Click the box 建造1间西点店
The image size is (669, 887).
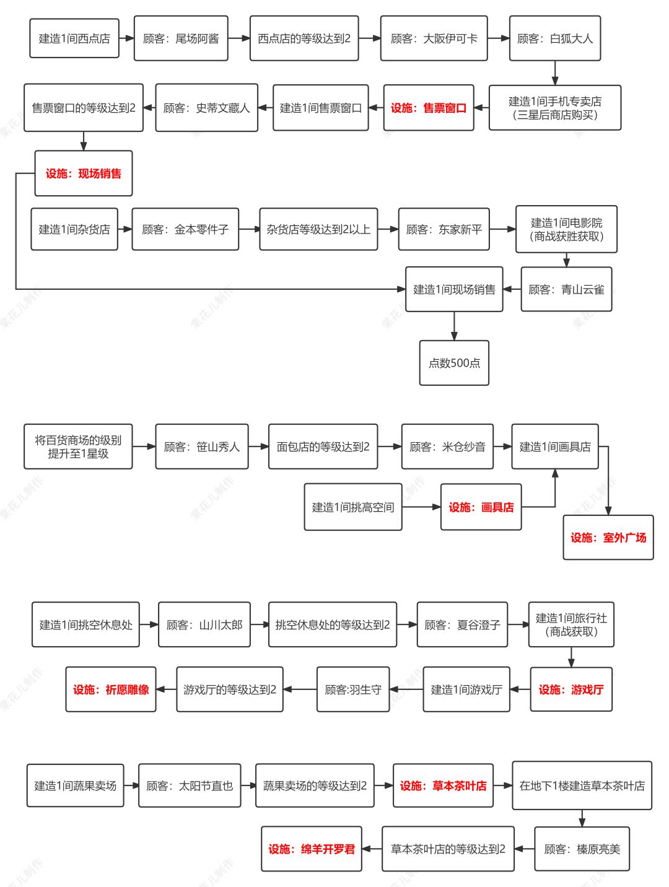tap(74, 38)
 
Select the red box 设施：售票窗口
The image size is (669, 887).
tap(428, 108)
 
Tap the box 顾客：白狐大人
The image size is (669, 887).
tap(554, 38)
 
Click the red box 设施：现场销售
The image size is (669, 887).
tap(84, 173)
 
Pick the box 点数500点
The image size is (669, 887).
tap(454, 363)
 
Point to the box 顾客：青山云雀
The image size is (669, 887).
tap(566, 289)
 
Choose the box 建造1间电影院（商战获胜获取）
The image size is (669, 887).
tap(566, 229)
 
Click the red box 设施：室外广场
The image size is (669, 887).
tap(608, 538)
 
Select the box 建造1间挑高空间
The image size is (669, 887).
tap(352, 507)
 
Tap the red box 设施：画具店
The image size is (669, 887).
tap(481, 507)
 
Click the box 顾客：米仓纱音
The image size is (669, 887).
tap(447, 447)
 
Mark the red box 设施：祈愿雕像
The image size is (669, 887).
tap(111, 689)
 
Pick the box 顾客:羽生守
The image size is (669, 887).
tap(352, 689)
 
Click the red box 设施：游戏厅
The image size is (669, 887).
tap(571, 689)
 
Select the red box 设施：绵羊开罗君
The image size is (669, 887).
tap(311, 849)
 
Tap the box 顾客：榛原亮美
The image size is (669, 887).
tap(582, 849)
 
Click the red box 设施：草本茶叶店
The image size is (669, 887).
tap(443, 785)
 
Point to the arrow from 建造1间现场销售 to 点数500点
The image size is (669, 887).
tap(454, 326)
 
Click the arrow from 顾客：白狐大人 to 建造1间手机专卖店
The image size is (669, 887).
tap(554, 72)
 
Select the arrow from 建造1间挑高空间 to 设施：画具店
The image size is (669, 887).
tap(421, 507)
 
